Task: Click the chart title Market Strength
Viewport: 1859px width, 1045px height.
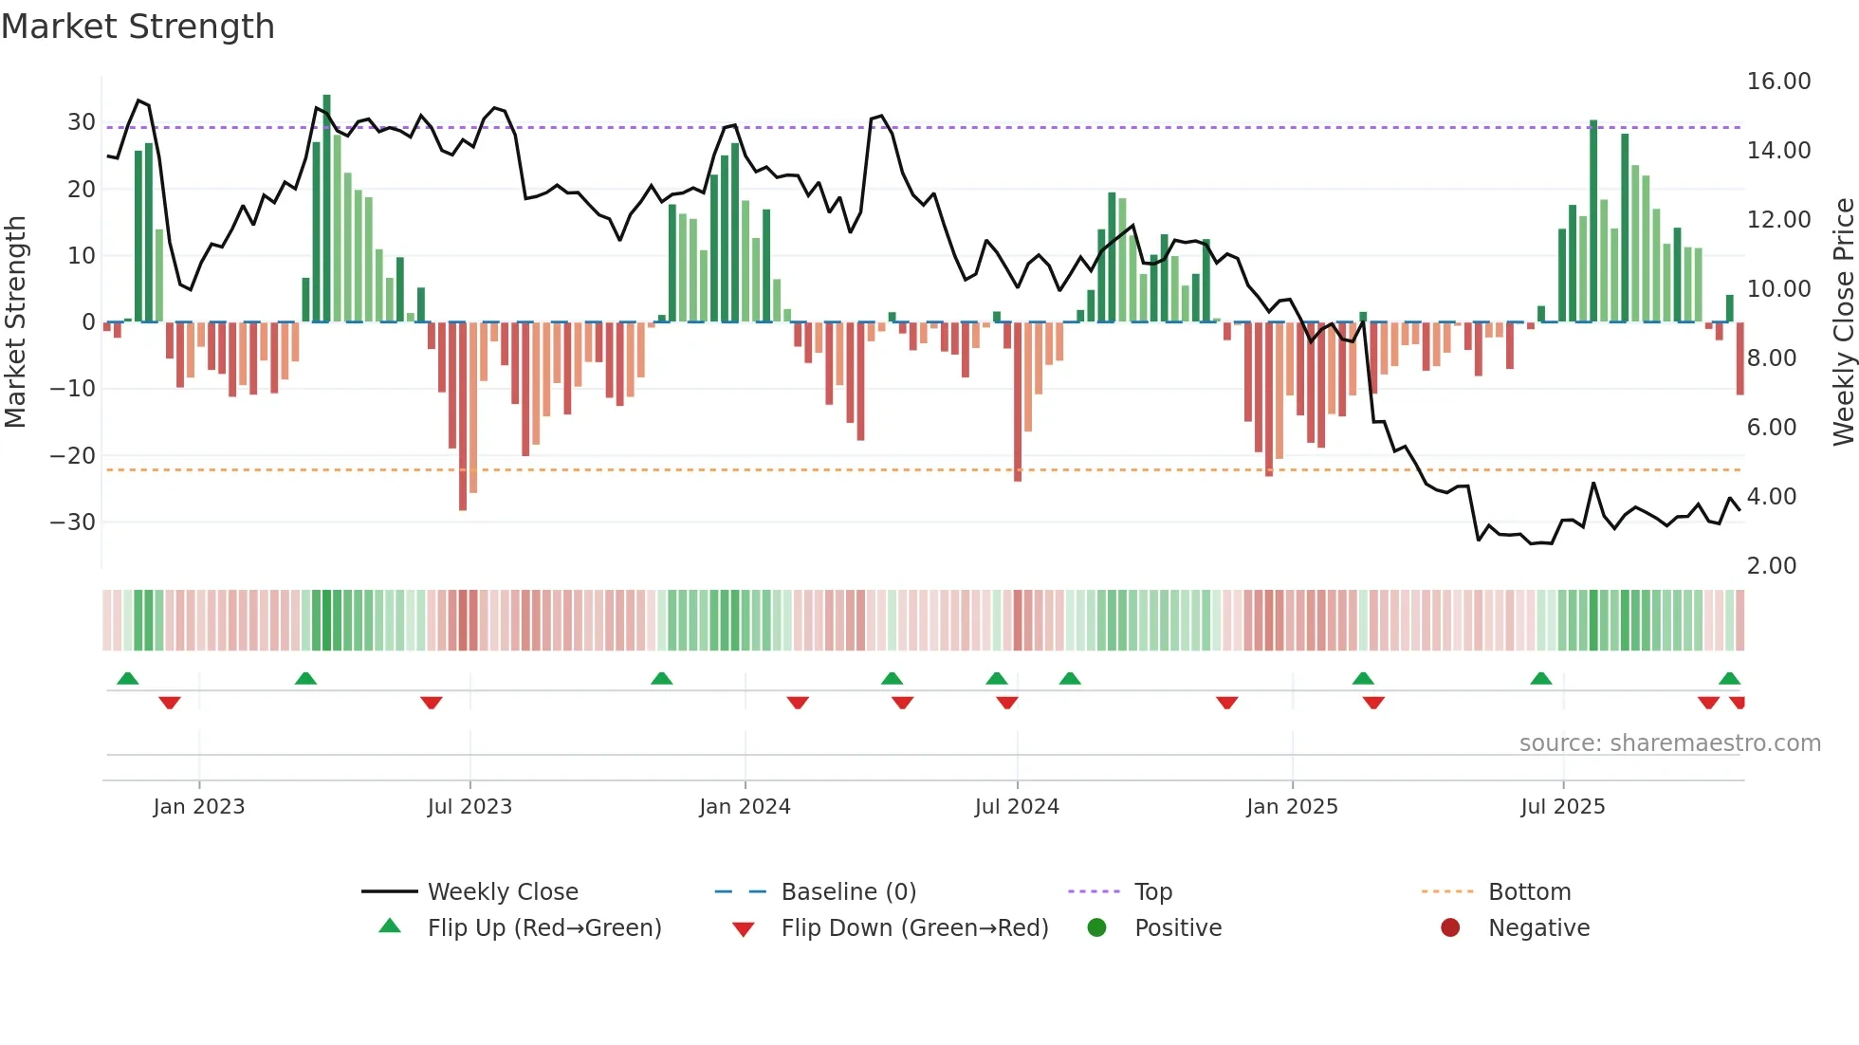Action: pyautogui.click(x=138, y=27)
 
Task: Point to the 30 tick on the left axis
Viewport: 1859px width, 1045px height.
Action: pyautogui.click(x=81, y=122)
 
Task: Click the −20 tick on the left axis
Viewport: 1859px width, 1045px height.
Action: pyautogui.click(x=73, y=456)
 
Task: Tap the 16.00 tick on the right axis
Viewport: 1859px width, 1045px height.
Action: pyautogui.click(x=1778, y=82)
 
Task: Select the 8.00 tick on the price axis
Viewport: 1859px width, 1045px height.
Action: pyautogui.click(x=1771, y=358)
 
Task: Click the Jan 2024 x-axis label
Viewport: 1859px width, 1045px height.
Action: pyautogui.click(x=745, y=807)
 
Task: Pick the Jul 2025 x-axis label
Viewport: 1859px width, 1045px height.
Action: pyautogui.click(x=1562, y=807)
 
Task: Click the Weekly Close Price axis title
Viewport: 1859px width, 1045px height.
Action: pyautogui.click(x=1843, y=322)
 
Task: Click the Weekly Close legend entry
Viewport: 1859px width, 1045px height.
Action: pyautogui.click(x=502, y=892)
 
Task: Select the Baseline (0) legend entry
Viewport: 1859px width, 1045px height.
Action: pyautogui.click(x=848, y=892)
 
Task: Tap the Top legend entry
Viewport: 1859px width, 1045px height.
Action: pyautogui.click(x=1152, y=892)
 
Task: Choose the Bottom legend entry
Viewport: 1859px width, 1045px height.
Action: pyautogui.click(x=1529, y=892)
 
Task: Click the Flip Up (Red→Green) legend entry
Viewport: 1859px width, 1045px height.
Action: pyautogui.click(x=543, y=928)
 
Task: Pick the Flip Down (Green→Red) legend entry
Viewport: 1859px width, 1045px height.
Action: pyautogui.click(x=914, y=928)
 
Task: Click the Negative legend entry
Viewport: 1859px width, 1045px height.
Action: pyautogui.click(x=1537, y=928)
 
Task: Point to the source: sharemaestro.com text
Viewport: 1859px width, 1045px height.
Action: pyautogui.click(x=1669, y=743)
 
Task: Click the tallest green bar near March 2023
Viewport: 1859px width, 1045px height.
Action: pyautogui.click(x=326, y=209)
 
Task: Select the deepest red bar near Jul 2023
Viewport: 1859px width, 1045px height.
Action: pyautogui.click(x=463, y=417)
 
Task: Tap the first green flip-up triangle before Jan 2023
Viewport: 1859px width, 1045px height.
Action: pyautogui.click(x=127, y=679)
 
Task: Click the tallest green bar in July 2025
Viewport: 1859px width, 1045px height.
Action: pyautogui.click(x=1593, y=221)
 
